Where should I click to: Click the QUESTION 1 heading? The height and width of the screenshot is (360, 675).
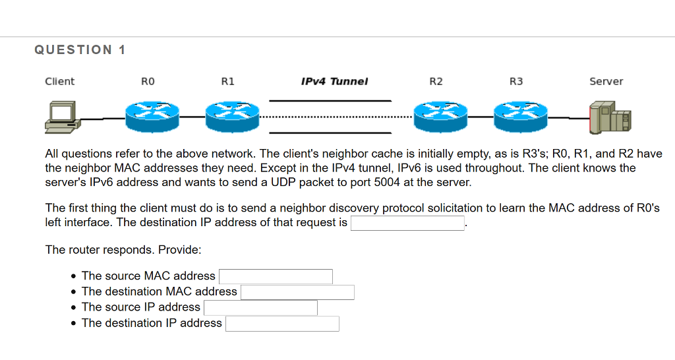pos(80,50)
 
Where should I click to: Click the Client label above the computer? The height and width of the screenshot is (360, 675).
pos(59,82)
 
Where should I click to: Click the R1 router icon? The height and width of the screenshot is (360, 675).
pos(232,116)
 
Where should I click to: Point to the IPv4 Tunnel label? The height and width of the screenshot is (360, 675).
pos(334,82)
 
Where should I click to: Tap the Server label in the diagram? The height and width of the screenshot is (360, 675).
pos(606,82)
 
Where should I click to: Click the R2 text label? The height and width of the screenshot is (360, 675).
pos(436,82)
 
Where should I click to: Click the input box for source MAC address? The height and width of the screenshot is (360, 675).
pos(276,276)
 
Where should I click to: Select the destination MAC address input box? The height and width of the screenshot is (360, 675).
pos(297,292)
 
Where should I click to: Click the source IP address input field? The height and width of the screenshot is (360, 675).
pos(260,308)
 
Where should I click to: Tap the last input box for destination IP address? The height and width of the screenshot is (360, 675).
pos(282,324)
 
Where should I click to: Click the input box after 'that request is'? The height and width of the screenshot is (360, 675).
pos(408,223)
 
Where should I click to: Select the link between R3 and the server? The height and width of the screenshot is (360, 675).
pos(568,118)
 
